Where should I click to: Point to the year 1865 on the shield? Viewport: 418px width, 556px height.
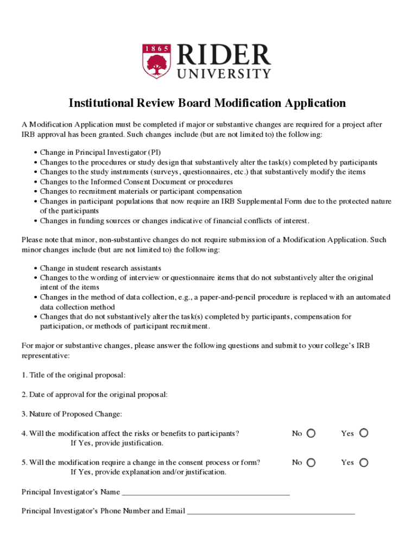pyautogui.click(x=155, y=49)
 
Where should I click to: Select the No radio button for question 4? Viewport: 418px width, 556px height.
pyautogui.click(x=311, y=433)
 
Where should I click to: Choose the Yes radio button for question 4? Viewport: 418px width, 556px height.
pyautogui.click(x=364, y=433)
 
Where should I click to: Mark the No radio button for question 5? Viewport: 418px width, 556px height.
pyautogui.click(x=311, y=463)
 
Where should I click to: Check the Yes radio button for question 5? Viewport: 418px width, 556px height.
pyautogui.click(x=364, y=463)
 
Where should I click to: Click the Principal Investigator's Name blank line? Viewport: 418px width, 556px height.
pyautogui.click(x=206, y=493)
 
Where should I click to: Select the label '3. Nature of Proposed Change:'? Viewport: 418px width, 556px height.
pyautogui.click(x=72, y=414)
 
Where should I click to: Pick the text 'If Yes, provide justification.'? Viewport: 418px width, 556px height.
pyautogui.click(x=117, y=443)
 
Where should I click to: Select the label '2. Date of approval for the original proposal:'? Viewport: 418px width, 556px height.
pyautogui.click(x=94, y=395)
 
